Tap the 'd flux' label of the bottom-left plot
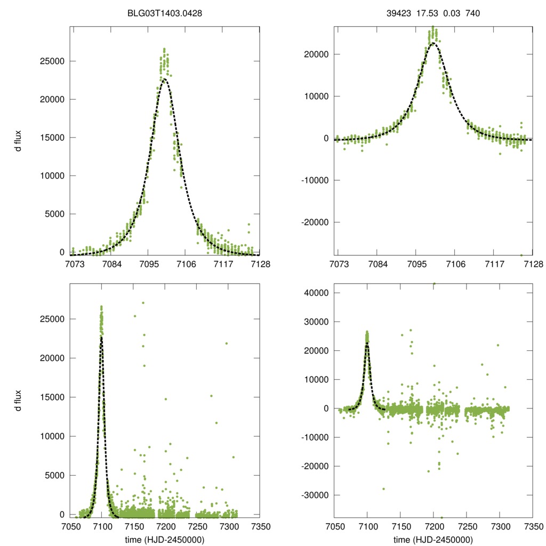pos(18,400)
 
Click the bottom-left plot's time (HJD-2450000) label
pos(165,540)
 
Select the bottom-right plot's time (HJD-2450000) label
pos(433,540)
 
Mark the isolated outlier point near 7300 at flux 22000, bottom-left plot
pos(227,343)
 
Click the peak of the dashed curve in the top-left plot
pos(165,79)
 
